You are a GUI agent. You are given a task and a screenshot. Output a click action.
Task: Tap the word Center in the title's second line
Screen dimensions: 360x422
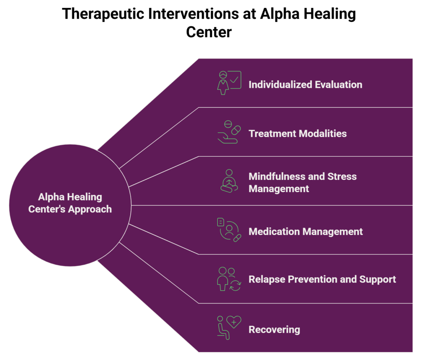click(x=209, y=32)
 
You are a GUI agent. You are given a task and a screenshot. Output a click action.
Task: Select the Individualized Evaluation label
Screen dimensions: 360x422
click(x=305, y=85)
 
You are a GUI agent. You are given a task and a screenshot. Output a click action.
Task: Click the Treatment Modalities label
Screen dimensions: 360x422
click(x=298, y=134)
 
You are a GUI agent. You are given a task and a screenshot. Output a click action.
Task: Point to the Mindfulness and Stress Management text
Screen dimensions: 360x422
click(x=302, y=182)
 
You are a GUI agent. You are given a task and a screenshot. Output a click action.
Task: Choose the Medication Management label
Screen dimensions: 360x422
click(x=305, y=231)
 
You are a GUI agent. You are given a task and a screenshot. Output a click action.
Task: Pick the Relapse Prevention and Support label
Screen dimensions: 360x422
click(x=322, y=280)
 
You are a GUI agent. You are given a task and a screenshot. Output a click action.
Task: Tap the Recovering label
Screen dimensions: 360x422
click(x=274, y=329)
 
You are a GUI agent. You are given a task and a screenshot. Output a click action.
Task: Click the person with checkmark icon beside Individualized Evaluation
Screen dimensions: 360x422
click(x=229, y=82)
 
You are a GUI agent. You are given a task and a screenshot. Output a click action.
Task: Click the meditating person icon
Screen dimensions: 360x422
click(x=229, y=181)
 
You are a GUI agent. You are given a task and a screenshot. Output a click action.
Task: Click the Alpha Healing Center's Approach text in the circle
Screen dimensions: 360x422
click(x=70, y=203)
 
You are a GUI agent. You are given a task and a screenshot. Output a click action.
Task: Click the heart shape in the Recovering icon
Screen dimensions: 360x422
click(x=234, y=322)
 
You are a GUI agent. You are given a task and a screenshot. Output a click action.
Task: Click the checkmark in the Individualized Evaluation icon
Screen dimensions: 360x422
click(x=235, y=79)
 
